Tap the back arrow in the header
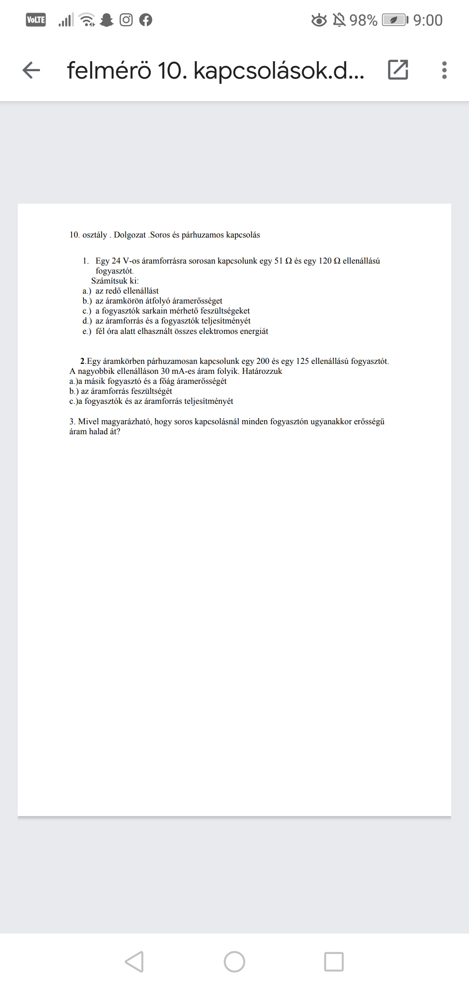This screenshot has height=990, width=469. click(x=31, y=70)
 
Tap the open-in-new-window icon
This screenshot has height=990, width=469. click(x=398, y=70)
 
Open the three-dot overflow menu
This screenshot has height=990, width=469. click(x=444, y=70)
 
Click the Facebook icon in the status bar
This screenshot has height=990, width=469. click(x=146, y=20)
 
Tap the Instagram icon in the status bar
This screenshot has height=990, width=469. click(x=126, y=20)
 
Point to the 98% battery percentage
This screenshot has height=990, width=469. click(x=363, y=20)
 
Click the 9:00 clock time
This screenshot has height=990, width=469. click(x=428, y=20)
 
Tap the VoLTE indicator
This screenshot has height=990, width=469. click(x=36, y=20)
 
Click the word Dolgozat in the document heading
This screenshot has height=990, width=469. click(x=130, y=235)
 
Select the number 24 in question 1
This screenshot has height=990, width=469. click(x=116, y=261)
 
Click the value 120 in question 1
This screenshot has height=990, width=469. click(x=325, y=261)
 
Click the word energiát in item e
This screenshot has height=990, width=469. click(x=254, y=331)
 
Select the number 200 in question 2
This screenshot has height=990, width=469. click(x=263, y=361)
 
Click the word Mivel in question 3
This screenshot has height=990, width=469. click(x=88, y=422)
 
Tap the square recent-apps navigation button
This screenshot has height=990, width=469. click(x=334, y=962)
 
